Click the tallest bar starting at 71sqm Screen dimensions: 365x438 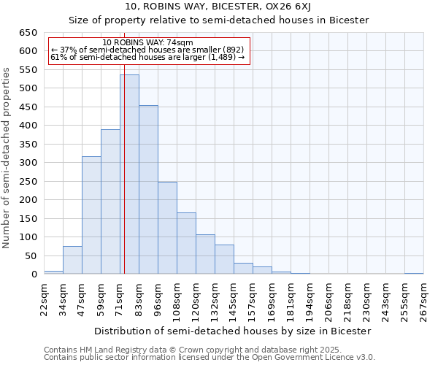(130, 175)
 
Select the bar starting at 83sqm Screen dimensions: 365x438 (148, 190)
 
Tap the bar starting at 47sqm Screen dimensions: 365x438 (91, 215)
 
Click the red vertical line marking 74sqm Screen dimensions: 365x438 (124, 182)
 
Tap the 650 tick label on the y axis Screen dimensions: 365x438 (28, 33)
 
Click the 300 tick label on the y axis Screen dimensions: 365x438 (28, 163)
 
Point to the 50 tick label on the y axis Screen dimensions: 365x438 (31, 256)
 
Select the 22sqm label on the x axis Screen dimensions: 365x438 (44, 298)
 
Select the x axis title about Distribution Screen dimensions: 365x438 (234, 331)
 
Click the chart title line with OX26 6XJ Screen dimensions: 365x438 (218, 7)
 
